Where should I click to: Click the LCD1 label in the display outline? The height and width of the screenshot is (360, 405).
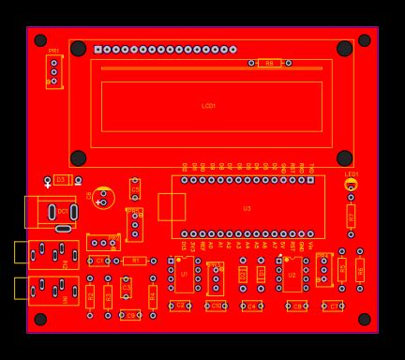[x=208, y=106]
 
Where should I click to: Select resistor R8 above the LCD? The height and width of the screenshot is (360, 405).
[x=269, y=63]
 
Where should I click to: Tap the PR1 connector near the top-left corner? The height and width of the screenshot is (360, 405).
[x=53, y=70]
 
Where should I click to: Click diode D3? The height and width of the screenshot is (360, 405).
[x=62, y=179]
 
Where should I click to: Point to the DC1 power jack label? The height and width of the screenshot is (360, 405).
[x=62, y=213]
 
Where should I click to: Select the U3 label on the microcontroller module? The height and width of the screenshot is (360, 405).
[x=247, y=208]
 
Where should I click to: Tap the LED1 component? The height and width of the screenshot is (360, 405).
[x=351, y=185]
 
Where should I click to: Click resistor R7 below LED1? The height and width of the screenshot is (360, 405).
[x=351, y=216]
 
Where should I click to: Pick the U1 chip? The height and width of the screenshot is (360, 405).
[x=184, y=274]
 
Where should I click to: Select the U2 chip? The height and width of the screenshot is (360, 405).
[x=292, y=275]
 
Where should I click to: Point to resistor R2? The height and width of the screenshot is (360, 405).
[x=90, y=296]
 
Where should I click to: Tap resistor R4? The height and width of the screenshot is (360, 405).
[x=153, y=296]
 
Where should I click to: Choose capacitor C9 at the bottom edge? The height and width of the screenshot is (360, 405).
[x=131, y=315]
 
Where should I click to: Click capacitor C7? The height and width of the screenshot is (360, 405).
[x=333, y=306]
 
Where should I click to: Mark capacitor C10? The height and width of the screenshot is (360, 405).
[x=216, y=306]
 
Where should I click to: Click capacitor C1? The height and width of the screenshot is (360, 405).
[x=98, y=261]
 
